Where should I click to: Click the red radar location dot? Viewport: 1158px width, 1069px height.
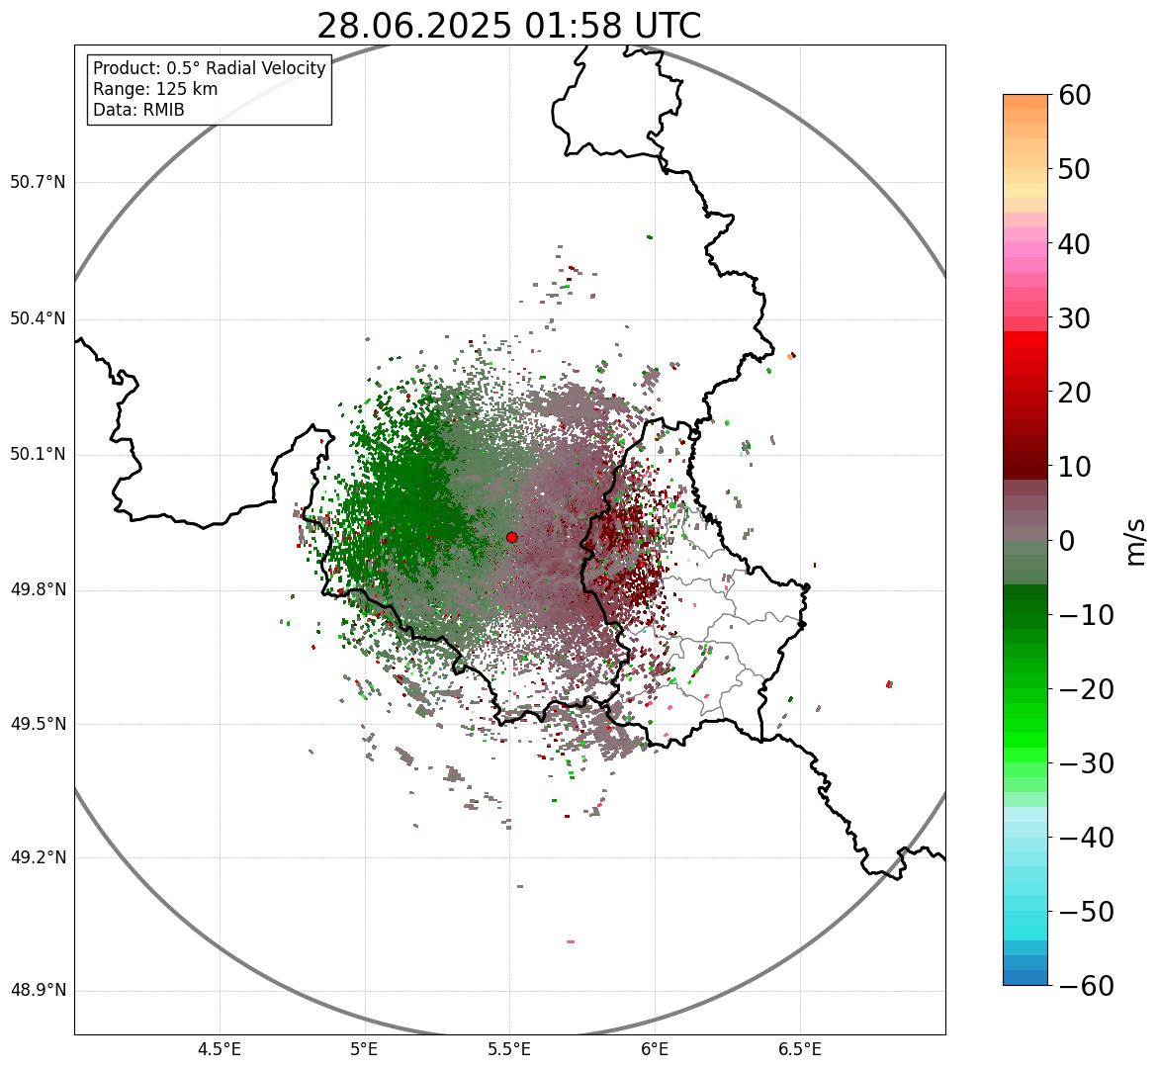click(x=511, y=537)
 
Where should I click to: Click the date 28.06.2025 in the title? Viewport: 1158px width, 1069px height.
click(x=413, y=27)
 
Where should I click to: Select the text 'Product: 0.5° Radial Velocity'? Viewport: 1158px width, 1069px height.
click(x=209, y=68)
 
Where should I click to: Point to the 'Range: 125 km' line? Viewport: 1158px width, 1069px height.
click(x=155, y=89)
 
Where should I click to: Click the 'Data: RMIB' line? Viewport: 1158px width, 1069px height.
click(x=138, y=110)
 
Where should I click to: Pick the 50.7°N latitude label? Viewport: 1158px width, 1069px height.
click(x=38, y=183)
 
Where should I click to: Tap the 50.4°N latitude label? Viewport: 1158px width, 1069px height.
click(x=38, y=318)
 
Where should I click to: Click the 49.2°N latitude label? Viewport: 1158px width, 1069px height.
click(x=38, y=857)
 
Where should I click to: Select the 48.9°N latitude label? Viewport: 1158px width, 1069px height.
click(x=38, y=991)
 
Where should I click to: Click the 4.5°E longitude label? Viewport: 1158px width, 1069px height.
click(x=220, y=1048)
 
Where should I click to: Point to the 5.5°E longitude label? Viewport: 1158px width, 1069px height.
click(x=509, y=1048)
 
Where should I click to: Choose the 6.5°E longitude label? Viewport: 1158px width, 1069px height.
click(x=799, y=1048)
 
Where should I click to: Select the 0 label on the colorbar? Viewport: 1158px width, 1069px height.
click(x=1067, y=541)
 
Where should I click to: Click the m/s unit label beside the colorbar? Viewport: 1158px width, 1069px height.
click(x=1136, y=541)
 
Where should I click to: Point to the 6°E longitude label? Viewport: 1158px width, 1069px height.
click(x=655, y=1048)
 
